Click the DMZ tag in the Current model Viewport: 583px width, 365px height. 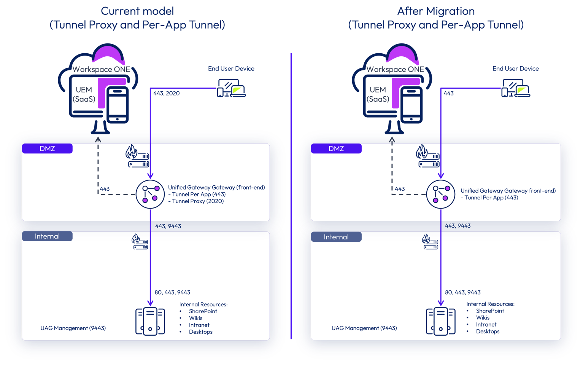click(x=47, y=148)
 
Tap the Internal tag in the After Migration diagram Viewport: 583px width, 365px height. click(x=336, y=237)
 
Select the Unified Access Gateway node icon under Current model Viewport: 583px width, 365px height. click(x=150, y=194)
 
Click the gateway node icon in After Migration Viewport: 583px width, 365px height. click(x=440, y=194)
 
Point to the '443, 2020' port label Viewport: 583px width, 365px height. click(x=166, y=93)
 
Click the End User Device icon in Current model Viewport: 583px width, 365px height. click(x=231, y=89)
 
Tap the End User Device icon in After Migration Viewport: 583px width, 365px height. click(x=516, y=89)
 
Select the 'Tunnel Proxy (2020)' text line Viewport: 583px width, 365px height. click(x=198, y=201)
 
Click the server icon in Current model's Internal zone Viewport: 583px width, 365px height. click(x=150, y=322)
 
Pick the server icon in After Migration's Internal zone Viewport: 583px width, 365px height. click(x=440, y=322)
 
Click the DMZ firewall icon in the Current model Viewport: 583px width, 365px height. click(x=137, y=156)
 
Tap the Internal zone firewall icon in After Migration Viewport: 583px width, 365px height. click(x=430, y=242)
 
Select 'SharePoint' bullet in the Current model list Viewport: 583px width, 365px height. click(x=203, y=311)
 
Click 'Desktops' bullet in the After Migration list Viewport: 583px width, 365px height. click(x=488, y=332)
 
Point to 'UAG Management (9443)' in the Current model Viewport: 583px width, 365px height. click(x=73, y=328)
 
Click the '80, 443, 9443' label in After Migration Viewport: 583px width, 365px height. click(x=463, y=292)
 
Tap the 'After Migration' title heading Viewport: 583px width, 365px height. click(x=436, y=11)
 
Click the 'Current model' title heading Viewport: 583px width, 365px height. click(x=137, y=11)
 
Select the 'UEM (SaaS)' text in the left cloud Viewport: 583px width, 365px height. click(x=84, y=94)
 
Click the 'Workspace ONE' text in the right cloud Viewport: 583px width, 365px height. click(x=395, y=69)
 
